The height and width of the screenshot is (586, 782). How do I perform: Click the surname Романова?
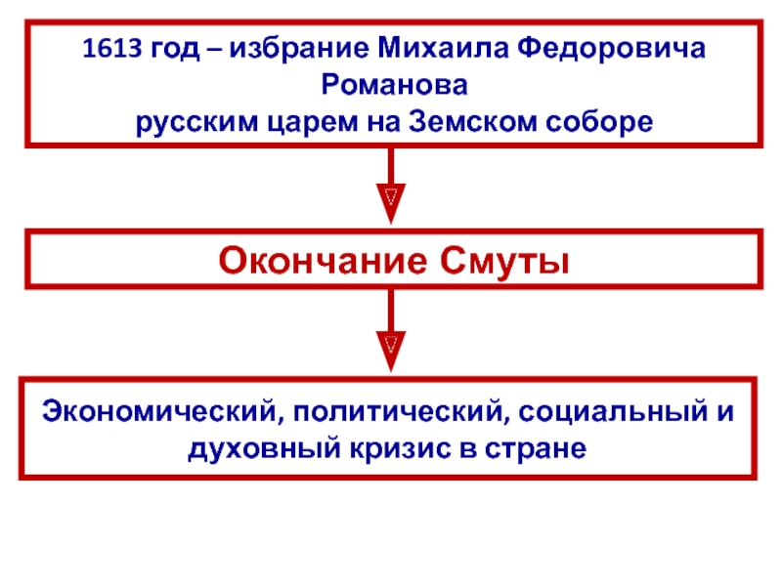[391, 86]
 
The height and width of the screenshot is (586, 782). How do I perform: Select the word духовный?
[258, 449]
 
